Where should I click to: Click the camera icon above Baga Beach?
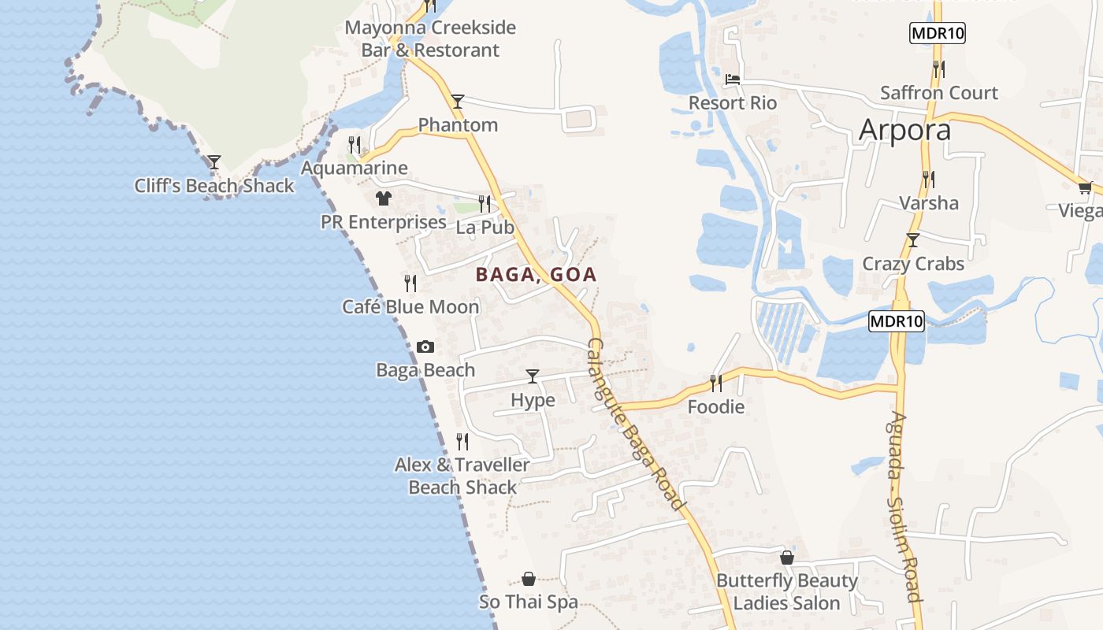tap(425, 346)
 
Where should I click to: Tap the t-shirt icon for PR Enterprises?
tap(383, 198)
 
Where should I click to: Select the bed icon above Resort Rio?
tap(733, 79)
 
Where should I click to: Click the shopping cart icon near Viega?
tap(1085, 187)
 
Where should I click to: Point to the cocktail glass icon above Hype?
tap(533, 376)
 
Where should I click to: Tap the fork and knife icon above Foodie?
tap(715, 383)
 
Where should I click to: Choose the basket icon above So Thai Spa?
tap(529, 579)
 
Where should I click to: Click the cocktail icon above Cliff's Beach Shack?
tap(214, 162)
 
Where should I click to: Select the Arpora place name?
tap(904, 130)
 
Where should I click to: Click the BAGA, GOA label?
tap(536, 275)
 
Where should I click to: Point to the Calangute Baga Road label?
tap(636, 425)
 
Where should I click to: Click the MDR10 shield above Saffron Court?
tap(937, 33)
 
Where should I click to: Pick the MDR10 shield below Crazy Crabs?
tap(897, 321)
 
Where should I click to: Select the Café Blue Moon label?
tap(410, 307)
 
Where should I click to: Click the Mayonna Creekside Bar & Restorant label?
tap(430, 39)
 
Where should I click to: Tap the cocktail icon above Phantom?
tap(457, 101)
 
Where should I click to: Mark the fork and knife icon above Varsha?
tap(929, 179)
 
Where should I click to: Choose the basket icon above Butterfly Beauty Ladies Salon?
tap(786, 558)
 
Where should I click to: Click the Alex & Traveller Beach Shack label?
tap(462, 476)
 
